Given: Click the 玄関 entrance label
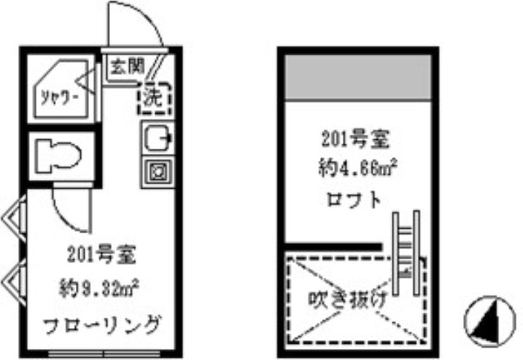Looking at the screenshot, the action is point(128,66).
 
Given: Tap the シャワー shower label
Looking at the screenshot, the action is point(60,98).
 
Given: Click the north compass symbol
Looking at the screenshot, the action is point(489,321).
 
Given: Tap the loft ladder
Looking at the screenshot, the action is point(406,253).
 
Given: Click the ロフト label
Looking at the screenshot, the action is point(355,200).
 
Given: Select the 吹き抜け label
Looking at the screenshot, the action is point(347,299).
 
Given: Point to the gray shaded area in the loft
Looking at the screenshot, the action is point(358,77).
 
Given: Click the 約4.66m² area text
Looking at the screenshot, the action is point(357,168).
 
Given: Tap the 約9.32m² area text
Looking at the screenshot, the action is point(98,288).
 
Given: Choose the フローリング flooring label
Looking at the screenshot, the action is point(102,325).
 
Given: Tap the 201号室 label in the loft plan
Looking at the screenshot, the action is point(356,138).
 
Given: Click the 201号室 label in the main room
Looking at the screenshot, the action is point(101,254).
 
